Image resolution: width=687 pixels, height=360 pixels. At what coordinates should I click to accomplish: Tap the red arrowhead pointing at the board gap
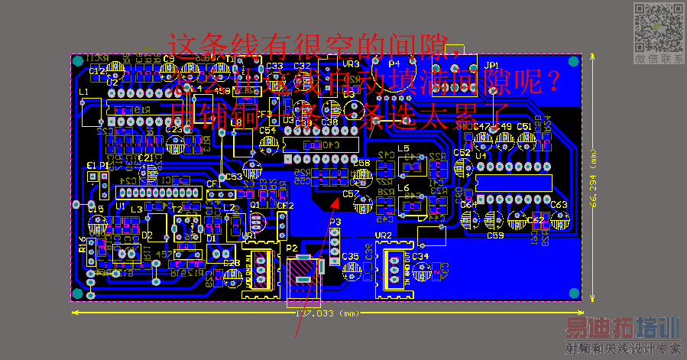tap(335, 201)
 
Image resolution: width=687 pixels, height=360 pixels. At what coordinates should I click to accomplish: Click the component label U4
tap(481, 156)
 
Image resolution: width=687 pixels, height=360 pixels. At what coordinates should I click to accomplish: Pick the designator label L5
tap(403, 148)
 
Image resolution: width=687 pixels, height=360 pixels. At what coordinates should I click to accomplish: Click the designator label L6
tap(403, 187)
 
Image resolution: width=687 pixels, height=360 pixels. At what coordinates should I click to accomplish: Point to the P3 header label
tap(335, 221)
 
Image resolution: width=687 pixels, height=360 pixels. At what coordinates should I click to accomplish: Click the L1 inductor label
tap(84, 92)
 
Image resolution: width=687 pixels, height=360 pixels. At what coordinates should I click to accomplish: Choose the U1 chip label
tap(120, 206)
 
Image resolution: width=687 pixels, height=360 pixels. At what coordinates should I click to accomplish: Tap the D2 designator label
tap(147, 236)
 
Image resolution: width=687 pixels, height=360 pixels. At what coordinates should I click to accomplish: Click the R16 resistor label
tap(83, 245)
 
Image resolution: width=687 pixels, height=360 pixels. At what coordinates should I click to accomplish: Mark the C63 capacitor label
tap(559, 205)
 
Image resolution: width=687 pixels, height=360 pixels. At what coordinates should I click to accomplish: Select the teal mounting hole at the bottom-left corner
tap(76, 294)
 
